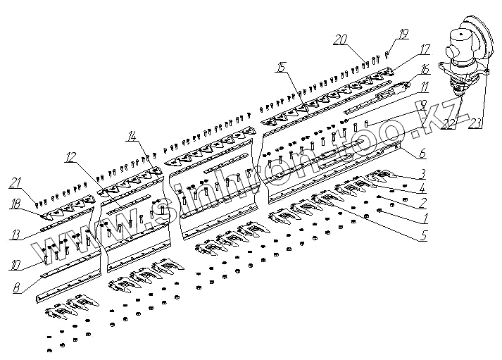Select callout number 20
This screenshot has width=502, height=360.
[341, 39]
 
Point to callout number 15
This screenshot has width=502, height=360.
[281, 68]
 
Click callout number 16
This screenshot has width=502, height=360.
[425, 69]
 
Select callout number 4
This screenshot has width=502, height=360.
[422, 187]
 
